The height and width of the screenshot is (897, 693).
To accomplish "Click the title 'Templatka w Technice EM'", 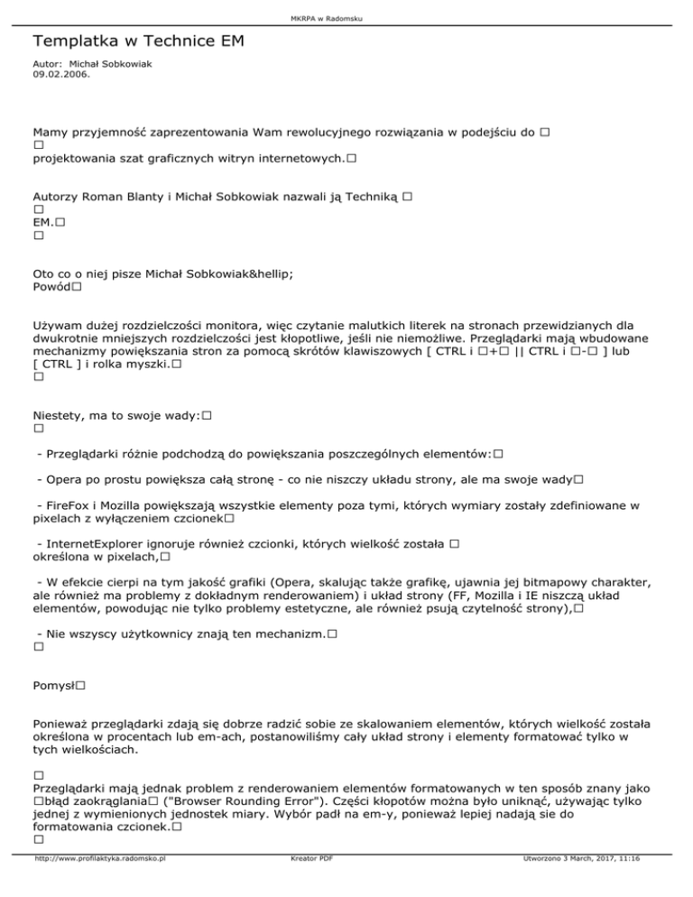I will [138, 42].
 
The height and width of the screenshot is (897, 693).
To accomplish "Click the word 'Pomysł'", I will [53, 686].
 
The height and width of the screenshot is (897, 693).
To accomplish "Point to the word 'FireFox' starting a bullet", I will [64, 506].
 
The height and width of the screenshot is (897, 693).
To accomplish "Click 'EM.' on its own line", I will [42, 221].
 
